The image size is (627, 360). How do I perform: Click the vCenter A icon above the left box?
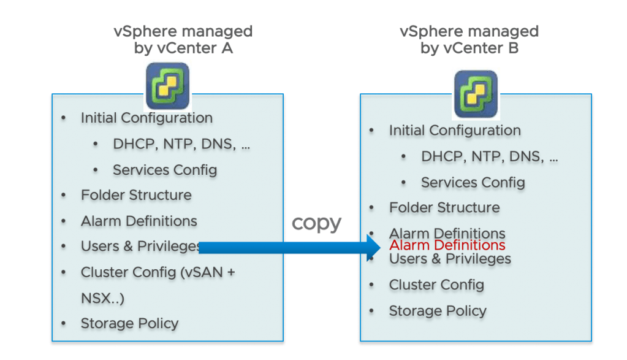pos(167,86)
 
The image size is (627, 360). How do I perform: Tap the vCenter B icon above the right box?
pos(475,94)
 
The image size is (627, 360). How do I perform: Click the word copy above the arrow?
pos(316,223)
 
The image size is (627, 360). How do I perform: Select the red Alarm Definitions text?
pos(447,245)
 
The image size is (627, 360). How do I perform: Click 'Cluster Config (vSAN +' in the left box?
pos(158,272)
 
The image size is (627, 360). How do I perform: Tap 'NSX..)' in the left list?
pos(102,298)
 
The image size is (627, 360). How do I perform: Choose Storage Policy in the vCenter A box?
pos(129,323)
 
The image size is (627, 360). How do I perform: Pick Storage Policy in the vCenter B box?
pos(438,311)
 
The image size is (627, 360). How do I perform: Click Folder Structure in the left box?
pos(136,195)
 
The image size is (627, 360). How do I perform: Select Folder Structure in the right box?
pos(444,207)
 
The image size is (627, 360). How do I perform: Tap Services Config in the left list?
pos(165,169)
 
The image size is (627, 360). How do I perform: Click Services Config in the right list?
pos(473,182)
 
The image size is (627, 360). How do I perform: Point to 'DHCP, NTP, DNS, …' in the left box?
pos(181,144)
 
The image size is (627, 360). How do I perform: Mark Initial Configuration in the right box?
pos(455,130)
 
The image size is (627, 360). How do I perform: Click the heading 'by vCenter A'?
pos(183,48)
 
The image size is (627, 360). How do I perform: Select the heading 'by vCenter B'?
pos(469,48)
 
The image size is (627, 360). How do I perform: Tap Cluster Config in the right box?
pos(436,285)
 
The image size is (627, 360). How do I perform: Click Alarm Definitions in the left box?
pos(139,221)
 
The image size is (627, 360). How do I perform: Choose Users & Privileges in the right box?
pos(450,259)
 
